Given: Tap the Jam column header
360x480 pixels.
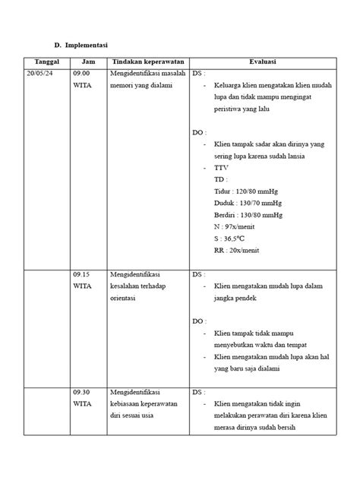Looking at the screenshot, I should (88, 61).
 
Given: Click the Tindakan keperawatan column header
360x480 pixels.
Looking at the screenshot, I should (148, 61).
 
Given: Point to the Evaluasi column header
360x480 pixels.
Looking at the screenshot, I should (263, 61).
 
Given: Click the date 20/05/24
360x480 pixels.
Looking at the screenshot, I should (40, 74).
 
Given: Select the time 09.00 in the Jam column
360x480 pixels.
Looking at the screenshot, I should (82, 74).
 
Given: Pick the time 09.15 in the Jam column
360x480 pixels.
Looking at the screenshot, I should (82, 275).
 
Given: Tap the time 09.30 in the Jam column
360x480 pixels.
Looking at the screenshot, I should (82, 393).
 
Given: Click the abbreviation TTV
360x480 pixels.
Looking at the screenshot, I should (221, 167).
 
